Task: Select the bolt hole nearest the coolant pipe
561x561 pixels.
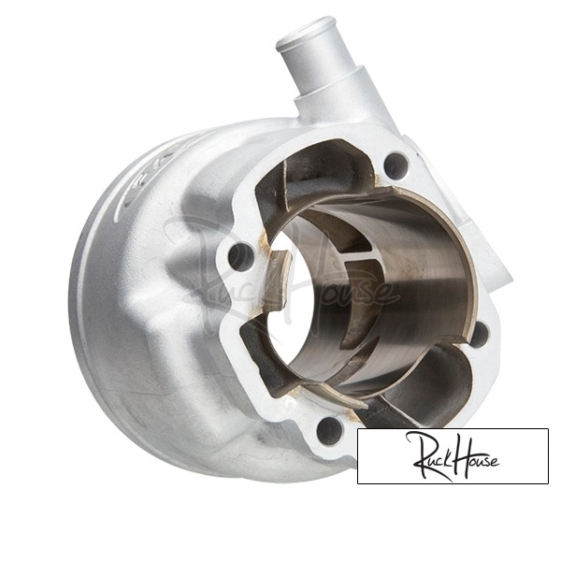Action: tap(396, 166)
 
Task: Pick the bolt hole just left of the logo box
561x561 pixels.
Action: tap(329, 429)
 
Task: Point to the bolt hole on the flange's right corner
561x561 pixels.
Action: tap(480, 335)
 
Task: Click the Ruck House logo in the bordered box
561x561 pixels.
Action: tap(453, 455)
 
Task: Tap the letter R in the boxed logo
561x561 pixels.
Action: tap(424, 453)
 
